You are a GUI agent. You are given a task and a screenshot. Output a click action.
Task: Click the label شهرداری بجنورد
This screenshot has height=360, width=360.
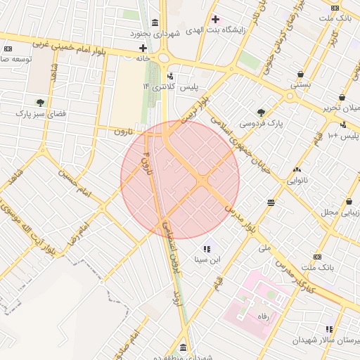click(x=155, y=34)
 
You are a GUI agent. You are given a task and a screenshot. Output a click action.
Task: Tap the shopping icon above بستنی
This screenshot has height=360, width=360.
click(x=301, y=74)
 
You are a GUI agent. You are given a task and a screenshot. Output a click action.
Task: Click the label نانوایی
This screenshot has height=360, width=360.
click(x=296, y=180)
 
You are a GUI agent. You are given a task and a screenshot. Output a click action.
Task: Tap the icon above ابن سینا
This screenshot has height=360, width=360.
click(x=207, y=248)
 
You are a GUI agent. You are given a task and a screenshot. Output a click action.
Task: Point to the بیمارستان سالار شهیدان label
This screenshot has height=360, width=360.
click(x=331, y=340)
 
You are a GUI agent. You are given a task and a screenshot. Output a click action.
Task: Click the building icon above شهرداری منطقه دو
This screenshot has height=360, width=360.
click(x=184, y=349)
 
